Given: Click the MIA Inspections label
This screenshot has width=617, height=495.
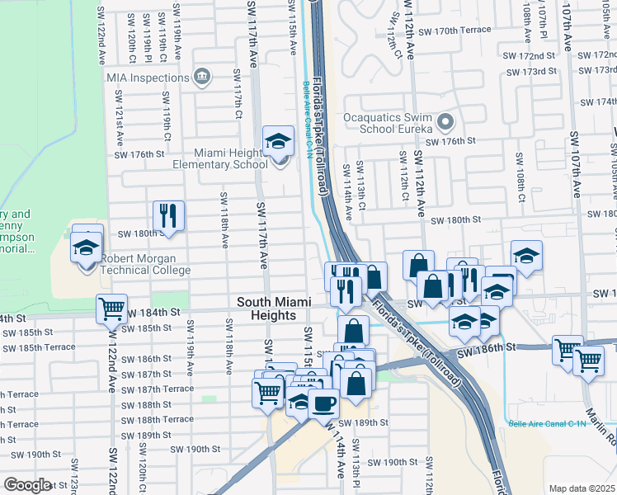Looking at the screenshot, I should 148,78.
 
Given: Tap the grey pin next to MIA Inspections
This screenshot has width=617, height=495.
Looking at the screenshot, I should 202,78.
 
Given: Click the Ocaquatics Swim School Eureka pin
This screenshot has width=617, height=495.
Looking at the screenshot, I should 445,123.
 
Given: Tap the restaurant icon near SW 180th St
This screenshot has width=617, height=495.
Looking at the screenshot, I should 168,215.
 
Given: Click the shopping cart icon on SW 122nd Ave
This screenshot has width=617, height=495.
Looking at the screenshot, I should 111,309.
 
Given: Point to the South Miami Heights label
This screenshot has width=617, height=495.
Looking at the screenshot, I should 273,302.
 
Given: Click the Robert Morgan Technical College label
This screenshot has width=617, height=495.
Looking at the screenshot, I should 145,270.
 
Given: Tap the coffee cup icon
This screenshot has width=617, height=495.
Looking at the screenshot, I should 324,404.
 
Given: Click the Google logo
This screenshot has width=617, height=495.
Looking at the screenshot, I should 27,485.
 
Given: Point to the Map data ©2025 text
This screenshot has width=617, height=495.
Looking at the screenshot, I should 582,488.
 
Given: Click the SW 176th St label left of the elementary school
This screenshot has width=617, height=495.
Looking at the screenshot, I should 139,154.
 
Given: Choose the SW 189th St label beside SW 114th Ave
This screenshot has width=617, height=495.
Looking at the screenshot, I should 366,422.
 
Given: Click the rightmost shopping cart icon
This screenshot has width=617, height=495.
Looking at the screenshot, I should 588,360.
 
